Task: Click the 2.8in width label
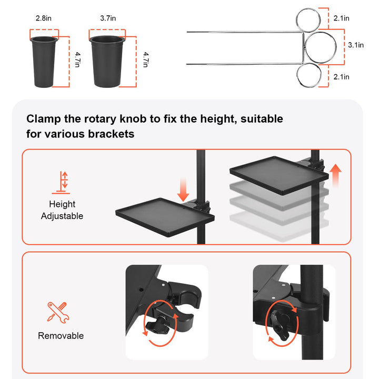tap(44, 18)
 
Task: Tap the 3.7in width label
tap(108, 18)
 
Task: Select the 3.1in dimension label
tap(356, 45)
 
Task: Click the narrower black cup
tap(44, 62)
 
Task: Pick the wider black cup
tap(107, 61)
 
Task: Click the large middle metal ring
tap(305, 46)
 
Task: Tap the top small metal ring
tap(297, 20)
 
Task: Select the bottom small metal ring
tap(297, 75)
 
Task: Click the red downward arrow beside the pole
tap(183, 190)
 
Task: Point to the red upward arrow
tap(335, 176)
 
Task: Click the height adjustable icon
tap(61, 183)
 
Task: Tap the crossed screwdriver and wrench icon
tap(58, 313)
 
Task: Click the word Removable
tap(61, 336)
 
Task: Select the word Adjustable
tap(62, 216)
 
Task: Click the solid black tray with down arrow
tap(165, 216)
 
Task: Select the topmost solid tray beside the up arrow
tap(279, 175)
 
